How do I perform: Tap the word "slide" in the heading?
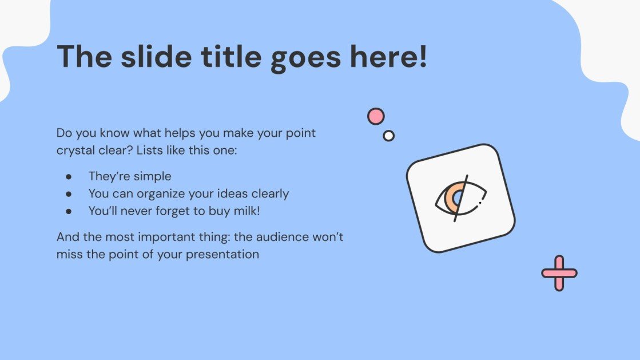click(x=156, y=56)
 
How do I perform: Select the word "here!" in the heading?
click(x=388, y=56)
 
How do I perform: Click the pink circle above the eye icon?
click(x=376, y=116)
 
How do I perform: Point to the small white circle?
click(x=388, y=136)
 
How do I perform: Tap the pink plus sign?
click(x=559, y=274)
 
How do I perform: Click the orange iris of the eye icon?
click(x=451, y=199)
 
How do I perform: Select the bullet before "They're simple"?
click(x=69, y=176)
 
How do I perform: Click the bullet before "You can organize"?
click(x=69, y=194)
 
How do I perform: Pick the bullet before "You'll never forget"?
click(x=69, y=212)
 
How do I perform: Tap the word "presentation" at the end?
click(x=222, y=255)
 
